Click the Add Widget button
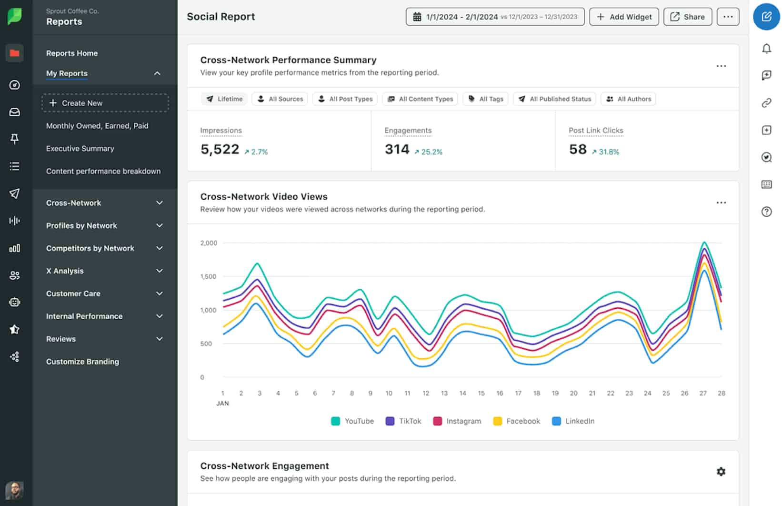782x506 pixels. pyautogui.click(x=624, y=17)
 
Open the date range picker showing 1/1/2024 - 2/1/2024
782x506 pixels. pyautogui.click(x=495, y=17)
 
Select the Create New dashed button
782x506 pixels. pyautogui.click(x=105, y=103)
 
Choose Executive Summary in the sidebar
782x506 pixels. pyautogui.click(x=80, y=149)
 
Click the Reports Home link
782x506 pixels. pyautogui.click(x=72, y=53)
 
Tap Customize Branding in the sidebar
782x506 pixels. pyautogui.click(x=82, y=362)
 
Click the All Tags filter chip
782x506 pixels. pyautogui.click(x=485, y=99)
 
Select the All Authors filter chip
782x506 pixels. pyautogui.click(x=628, y=99)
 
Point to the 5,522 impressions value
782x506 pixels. pyautogui.click(x=220, y=150)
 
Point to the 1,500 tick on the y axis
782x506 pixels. pyautogui.click(x=208, y=276)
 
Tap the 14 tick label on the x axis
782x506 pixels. pyautogui.click(x=462, y=394)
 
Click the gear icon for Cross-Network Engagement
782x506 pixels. pyautogui.click(x=721, y=472)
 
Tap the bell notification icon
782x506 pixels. pyautogui.click(x=766, y=49)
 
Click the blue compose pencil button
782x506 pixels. pyautogui.click(x=766, y=17)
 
